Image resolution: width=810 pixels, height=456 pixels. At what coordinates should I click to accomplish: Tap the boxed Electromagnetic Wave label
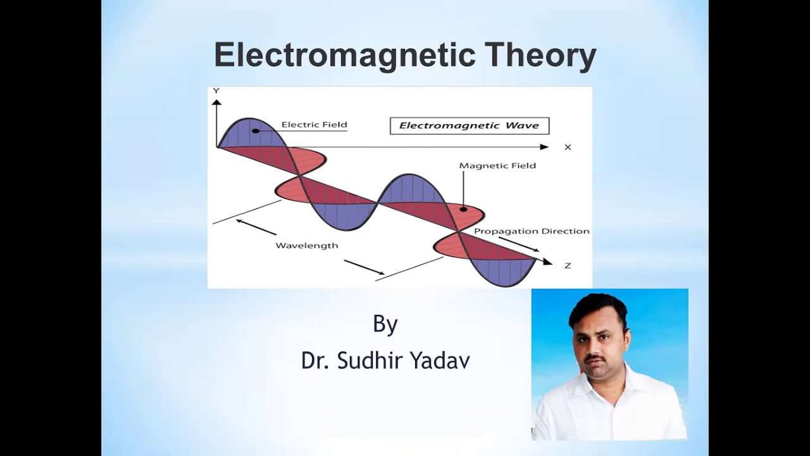pos(469,125)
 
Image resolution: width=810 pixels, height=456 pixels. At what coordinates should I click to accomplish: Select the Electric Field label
pos(314,125)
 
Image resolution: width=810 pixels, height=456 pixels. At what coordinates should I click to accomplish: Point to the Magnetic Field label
pos(497,166)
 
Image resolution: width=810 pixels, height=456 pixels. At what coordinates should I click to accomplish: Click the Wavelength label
pos(306,246)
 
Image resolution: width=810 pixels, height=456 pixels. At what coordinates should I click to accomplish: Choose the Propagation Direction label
pos(532,231)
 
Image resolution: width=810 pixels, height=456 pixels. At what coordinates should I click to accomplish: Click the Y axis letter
pos(216,91)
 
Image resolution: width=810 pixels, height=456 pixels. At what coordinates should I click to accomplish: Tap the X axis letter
pos(568,148)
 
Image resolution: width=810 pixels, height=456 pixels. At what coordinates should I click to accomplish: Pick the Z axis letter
pos(568,265)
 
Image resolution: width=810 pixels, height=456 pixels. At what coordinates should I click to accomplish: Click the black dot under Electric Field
pos(256,131)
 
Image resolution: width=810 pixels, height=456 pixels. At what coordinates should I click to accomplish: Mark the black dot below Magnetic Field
pos(463,209)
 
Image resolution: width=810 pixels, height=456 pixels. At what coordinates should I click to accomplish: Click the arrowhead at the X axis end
pos(544,147)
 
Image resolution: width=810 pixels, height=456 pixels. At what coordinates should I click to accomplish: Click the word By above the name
pos(385,324)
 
